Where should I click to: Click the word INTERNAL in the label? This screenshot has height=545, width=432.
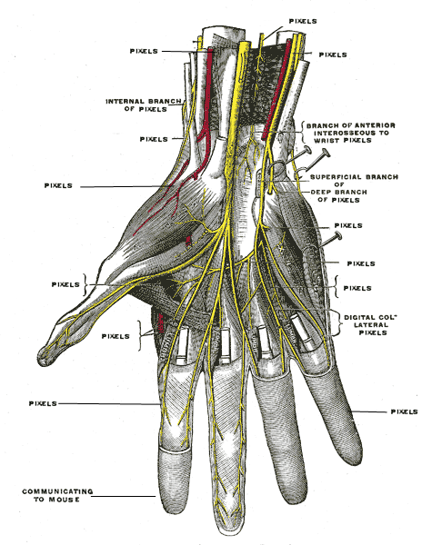point(126,102)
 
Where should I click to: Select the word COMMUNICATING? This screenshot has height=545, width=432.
point(57,491)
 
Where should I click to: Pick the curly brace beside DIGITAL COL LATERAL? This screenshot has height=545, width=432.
point(337,323)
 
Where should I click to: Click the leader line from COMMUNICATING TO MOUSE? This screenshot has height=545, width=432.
point(123,496)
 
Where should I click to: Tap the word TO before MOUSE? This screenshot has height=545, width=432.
point(39,500)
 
